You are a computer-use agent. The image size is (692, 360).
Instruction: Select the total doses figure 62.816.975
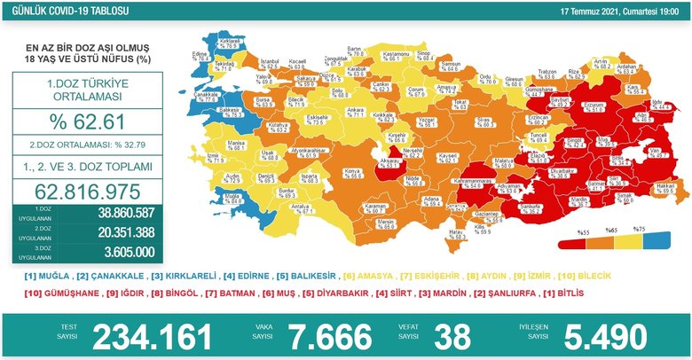[x=80, y=191]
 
